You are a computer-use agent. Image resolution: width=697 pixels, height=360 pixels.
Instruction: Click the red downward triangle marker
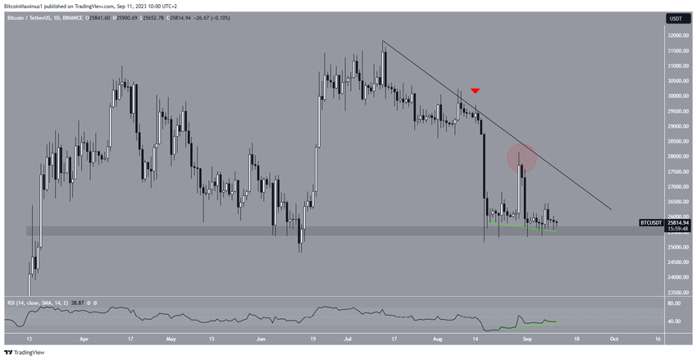click(x=476, y=90)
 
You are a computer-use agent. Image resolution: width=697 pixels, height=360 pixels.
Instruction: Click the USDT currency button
click(x=676, y=18)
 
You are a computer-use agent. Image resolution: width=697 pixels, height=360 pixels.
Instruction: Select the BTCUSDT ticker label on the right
click(x=653, y=222)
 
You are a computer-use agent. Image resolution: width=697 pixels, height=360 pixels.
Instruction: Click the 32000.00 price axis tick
click(x=676, y=36)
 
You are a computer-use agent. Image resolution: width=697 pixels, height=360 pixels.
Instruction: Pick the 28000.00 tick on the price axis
click(x=676, y=157)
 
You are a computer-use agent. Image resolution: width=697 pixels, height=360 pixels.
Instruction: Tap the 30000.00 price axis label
click(x=676, y=96)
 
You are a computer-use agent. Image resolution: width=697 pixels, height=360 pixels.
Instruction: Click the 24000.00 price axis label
click(x=676, y=277)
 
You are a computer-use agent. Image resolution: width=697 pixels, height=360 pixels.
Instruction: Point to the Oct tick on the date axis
click(x=613, y=338)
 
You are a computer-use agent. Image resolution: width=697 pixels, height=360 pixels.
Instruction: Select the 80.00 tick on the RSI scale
click(x=674, y=303)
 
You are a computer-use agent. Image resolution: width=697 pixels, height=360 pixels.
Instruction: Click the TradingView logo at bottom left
click(x=25, y=353)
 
